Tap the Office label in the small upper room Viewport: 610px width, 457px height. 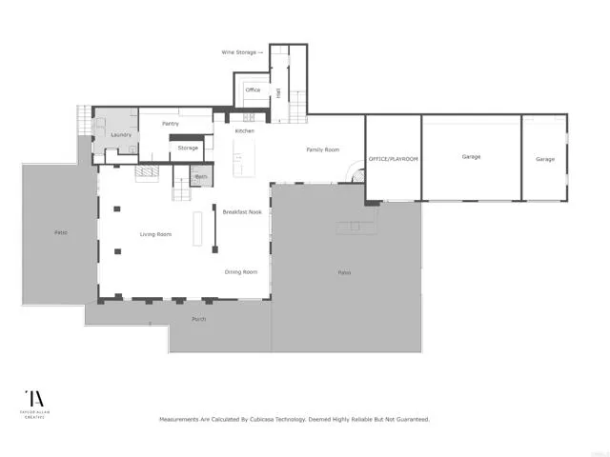[x=253, y=89]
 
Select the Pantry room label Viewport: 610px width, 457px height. [x=171, y=123]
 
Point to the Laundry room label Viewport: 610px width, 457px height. [x=121, y=134]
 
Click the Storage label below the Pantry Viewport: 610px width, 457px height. [x=188, y=148]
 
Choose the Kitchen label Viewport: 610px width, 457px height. [x=245, y=130]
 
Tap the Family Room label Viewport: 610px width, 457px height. [x=322, y=149]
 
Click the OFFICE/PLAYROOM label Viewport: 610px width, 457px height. [x=394, y=159]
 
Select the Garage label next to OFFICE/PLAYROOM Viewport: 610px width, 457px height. [x=471, y=155]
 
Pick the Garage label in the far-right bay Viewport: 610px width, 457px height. [x=544, y=159]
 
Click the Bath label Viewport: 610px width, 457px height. [x=201, y=176]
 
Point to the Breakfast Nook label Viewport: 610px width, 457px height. [x=242, y=211]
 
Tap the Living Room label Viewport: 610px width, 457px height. [x=155, y=233]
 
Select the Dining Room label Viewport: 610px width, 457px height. [x=241, y=271]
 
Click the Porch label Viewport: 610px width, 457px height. [x=199, y=318]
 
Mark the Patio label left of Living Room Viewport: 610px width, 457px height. [x=60, y=232]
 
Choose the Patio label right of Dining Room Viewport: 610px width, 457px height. [x=344, y=272]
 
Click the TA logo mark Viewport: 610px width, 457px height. [x=33, y=400]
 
